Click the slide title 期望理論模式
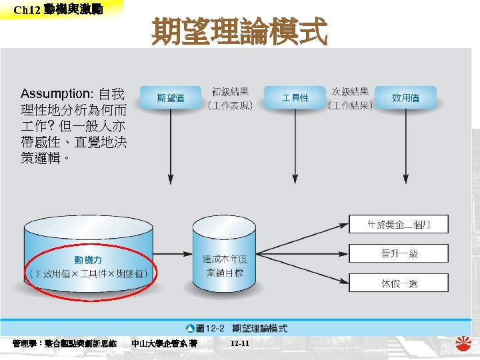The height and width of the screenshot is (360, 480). click(239, 31)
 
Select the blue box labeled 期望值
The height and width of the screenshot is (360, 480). click(171, 98)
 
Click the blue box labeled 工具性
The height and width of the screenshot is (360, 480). click(295, 98)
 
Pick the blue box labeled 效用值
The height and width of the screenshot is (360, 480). click(405, 98)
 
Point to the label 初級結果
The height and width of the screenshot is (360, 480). click(231, 92)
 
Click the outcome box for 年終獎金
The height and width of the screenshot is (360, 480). click(399, 225)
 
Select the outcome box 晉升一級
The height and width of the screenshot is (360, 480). click(399, 254)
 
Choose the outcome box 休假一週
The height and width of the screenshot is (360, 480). click(399, 283)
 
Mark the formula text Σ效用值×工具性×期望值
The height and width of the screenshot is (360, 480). click(89, 274)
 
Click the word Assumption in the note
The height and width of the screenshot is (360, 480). click(57, 93)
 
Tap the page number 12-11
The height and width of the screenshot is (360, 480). click(239, 343)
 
